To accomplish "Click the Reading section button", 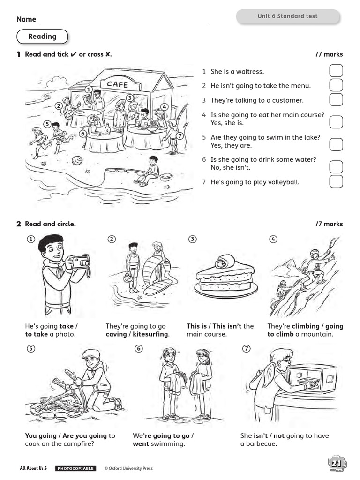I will click(42, 37).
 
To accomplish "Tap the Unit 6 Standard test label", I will click(287, 16).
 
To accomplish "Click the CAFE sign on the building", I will click(117, 84).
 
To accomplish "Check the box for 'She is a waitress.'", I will click(336, 71).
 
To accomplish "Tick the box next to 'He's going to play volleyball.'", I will click(336, 182).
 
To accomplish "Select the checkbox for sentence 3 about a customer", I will click(336, 100).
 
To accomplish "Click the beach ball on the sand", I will click(77, 161).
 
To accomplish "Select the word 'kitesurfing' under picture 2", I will click(150, 334).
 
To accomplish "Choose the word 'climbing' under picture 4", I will click(305, 326).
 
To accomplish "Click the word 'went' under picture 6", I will click(141, 444).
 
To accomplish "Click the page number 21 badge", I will click(337, 464).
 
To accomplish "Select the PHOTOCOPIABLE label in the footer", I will click(75, 468).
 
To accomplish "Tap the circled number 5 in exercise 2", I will click(31, 348).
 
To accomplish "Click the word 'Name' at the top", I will click(26, 19).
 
